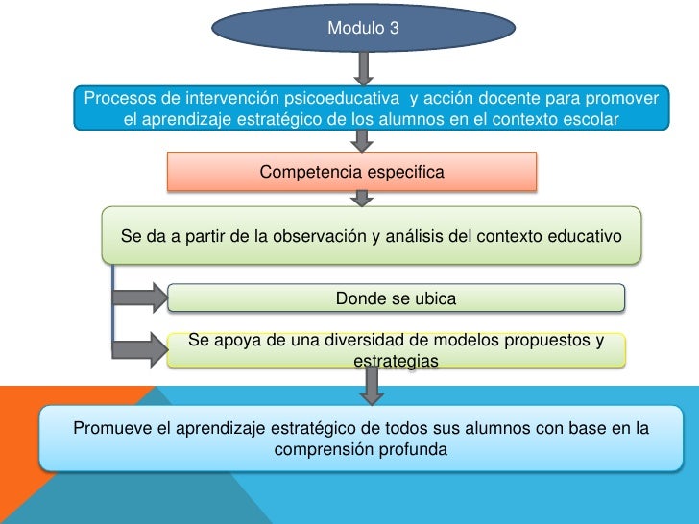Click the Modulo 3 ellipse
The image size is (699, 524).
pos(363,28)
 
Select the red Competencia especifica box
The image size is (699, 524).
pos(351,173)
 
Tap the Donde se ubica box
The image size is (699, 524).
pos(397,298)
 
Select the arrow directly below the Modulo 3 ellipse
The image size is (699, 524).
pos(363,68)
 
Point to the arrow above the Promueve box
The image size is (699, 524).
pos(371,385)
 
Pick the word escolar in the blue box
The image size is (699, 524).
pos(590,119)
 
